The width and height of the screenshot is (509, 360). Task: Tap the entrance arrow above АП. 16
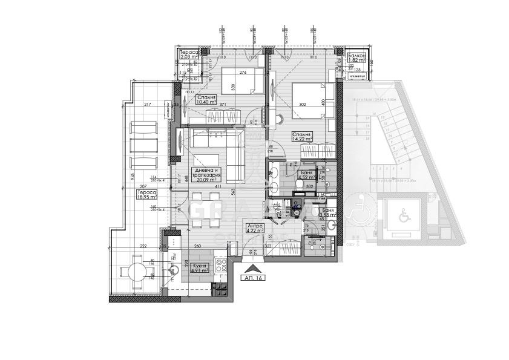253,266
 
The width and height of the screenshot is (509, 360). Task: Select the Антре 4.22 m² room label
254,227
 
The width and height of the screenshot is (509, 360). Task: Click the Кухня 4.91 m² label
200,268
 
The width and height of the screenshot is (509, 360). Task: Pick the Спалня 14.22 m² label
301,136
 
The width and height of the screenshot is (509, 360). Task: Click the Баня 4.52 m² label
307,175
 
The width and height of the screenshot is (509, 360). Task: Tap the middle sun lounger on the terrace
143,145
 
